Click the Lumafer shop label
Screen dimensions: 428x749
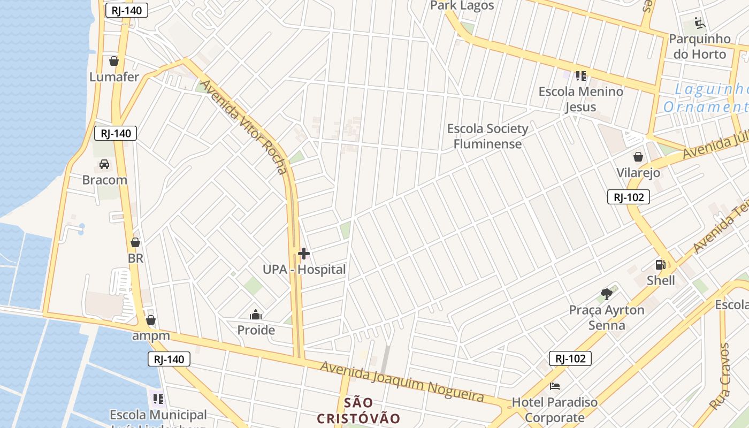coord(114,77)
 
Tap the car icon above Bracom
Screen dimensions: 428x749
coord(104,164)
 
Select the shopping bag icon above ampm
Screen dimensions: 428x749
coord(151,320)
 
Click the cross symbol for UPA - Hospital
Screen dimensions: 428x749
coord(304,254)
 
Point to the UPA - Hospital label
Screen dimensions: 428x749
coord(304,270)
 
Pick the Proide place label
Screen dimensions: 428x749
coord(256,330)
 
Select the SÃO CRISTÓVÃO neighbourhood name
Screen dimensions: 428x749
coord(358,410)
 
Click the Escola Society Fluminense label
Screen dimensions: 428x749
coord(487,136)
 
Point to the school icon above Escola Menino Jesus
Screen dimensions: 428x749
coord(581,76)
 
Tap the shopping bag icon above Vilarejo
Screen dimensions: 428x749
coord(638,157)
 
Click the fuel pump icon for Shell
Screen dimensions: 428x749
coord(661,264)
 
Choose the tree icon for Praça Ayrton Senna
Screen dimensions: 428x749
coord(607,294)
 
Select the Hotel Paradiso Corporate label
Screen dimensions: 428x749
coord(555,410)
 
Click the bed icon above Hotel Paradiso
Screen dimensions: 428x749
coord(555,386)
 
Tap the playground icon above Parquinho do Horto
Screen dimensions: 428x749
coord(700,23)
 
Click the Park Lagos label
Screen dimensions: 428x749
coord(462,6)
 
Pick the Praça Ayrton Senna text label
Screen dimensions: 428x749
coord(607,318)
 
